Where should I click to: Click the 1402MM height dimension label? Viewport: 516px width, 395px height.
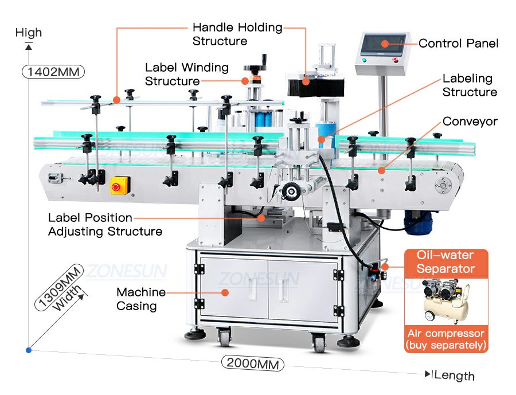(x=53, y=72)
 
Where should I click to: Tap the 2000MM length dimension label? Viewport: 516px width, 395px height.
(x=252, y=363)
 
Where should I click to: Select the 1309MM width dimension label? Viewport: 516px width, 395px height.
(x=59, y=287)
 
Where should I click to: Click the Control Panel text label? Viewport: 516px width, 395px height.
(x=459, y=43)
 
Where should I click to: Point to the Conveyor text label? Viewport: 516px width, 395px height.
(x=470, y=121)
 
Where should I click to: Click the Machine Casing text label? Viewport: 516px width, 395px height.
(x=141, y=299)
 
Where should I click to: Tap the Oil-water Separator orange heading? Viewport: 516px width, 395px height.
(x=445, y=262)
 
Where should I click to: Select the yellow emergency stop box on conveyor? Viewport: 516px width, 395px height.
(x=120, y=185)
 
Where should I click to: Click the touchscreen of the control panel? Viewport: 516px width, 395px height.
(x=383, y=45)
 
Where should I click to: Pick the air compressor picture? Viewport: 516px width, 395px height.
(x=445, y=301)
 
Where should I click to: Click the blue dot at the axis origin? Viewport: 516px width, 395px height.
(x=29, y=350)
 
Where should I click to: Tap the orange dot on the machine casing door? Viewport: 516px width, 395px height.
(x=225, y=292)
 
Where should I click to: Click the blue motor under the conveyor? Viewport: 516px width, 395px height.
(x=417, y=221)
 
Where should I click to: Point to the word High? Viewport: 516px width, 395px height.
(x=29, y=33)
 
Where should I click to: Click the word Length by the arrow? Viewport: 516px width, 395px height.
(x=455, y=376)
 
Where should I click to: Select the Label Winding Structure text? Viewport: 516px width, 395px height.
(x=187, y=74)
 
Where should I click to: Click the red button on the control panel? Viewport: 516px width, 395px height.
(x=395, y=60)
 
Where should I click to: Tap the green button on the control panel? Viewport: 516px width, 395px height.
(x=364, y=60)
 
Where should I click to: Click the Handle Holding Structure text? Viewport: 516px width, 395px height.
(x=237, y=34)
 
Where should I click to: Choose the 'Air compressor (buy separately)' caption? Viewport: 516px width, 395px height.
(x=446, y=339)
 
